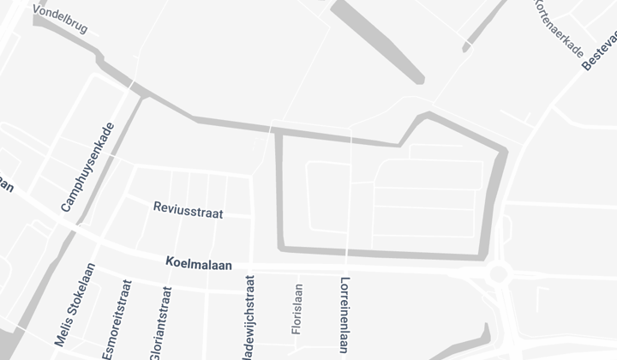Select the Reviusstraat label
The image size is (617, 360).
188,210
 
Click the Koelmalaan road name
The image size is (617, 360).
200,265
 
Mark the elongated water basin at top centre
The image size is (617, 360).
377,43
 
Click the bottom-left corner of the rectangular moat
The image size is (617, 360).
279,248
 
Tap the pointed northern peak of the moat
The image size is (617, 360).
424,114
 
